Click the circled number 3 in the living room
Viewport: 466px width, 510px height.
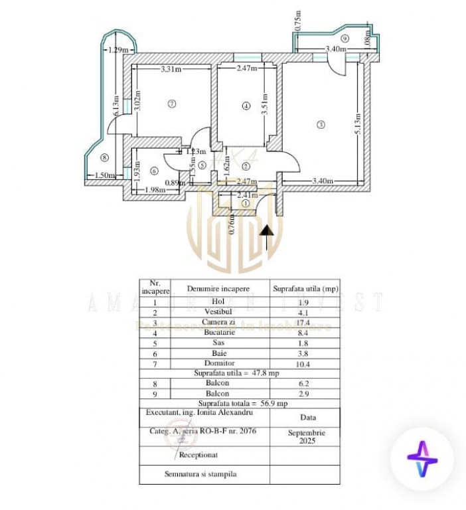click(x=321, y=124)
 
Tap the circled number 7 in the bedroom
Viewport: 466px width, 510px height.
click(x=171, y=104)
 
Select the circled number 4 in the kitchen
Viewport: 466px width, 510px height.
click(x=246, y=105)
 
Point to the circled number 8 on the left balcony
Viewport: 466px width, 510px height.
click(x=104, y=157)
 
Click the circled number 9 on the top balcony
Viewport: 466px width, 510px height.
click(x=345, y=39)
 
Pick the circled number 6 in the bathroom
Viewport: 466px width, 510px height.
click(x=155, y=171)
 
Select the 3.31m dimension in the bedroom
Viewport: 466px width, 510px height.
click(x=171, y=68)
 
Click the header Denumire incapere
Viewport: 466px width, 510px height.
click(x=218, y=289)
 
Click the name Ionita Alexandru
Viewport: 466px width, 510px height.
click(x=226, y=413)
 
